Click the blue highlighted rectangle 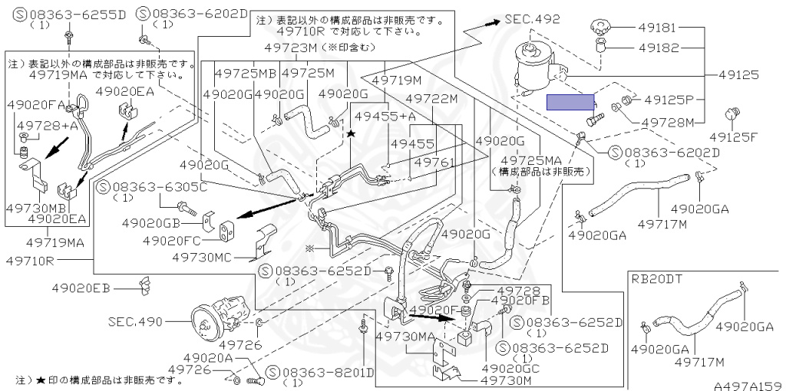click(x=570, y=103)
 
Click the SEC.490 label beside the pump click(x=135, y=321)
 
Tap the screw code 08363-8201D click(x=327, y=373)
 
